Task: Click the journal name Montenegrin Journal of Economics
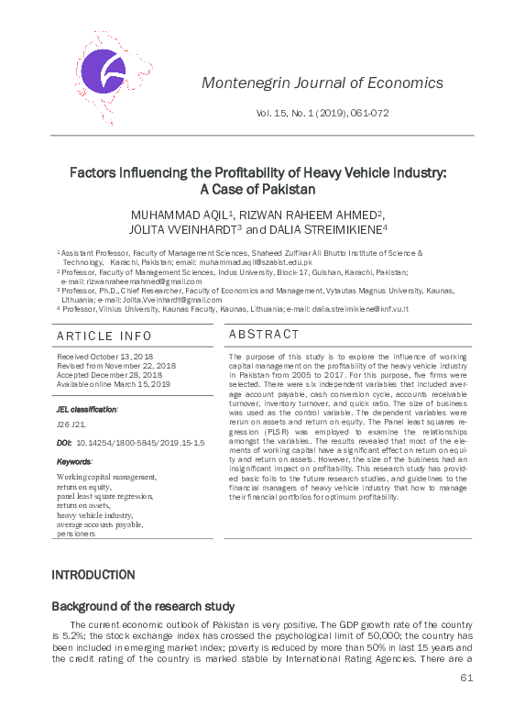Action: click(322, 83)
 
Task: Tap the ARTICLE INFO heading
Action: click(104, 336)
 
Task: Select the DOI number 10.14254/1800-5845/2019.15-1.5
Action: click(141, 442)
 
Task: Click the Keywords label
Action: click(74, 461)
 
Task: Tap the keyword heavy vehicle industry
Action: click(94, 515)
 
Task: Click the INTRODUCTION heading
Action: click(93, 575)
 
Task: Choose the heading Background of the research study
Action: click(143, 606)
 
